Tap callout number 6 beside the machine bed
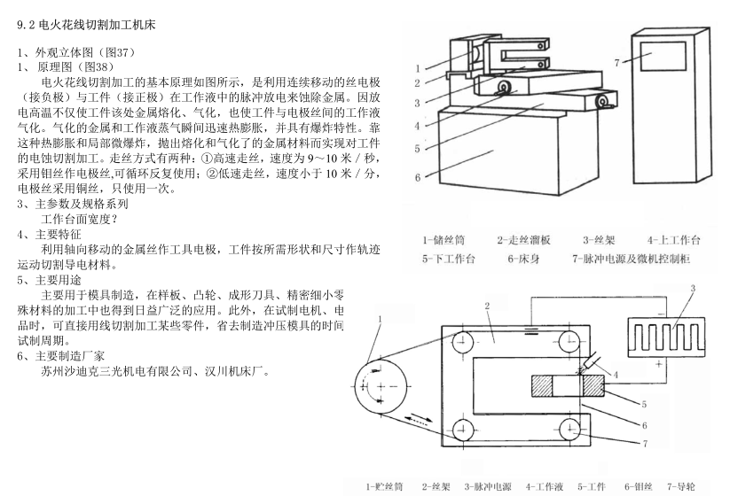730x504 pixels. click(417, 177)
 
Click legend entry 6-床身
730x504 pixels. click(526, 260)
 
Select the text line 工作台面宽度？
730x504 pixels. click(79, 218)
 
